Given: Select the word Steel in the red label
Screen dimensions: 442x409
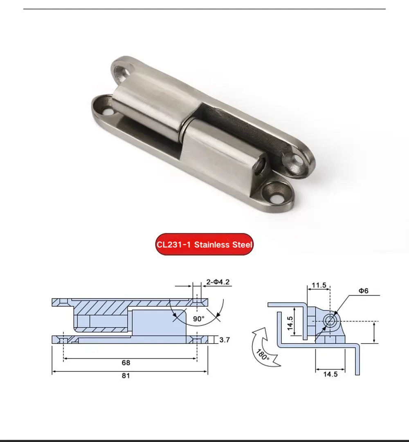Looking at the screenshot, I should click(x=243, y=245).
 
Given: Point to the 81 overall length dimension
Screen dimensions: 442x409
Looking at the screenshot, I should click(x=126, y=375).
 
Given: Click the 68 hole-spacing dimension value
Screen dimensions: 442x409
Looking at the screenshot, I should click(x=126, y=363).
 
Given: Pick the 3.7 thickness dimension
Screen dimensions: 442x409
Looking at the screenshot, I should click(x=225, y=339).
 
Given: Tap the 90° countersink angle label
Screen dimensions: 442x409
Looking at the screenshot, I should click(x=199, y=318).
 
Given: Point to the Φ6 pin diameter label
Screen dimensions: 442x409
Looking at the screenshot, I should click(x=364, y=290).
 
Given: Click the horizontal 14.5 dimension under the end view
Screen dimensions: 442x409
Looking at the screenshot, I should click(x=330, y=374).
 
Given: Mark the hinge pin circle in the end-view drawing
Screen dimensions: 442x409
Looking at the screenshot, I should click(x=330, y=321).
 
